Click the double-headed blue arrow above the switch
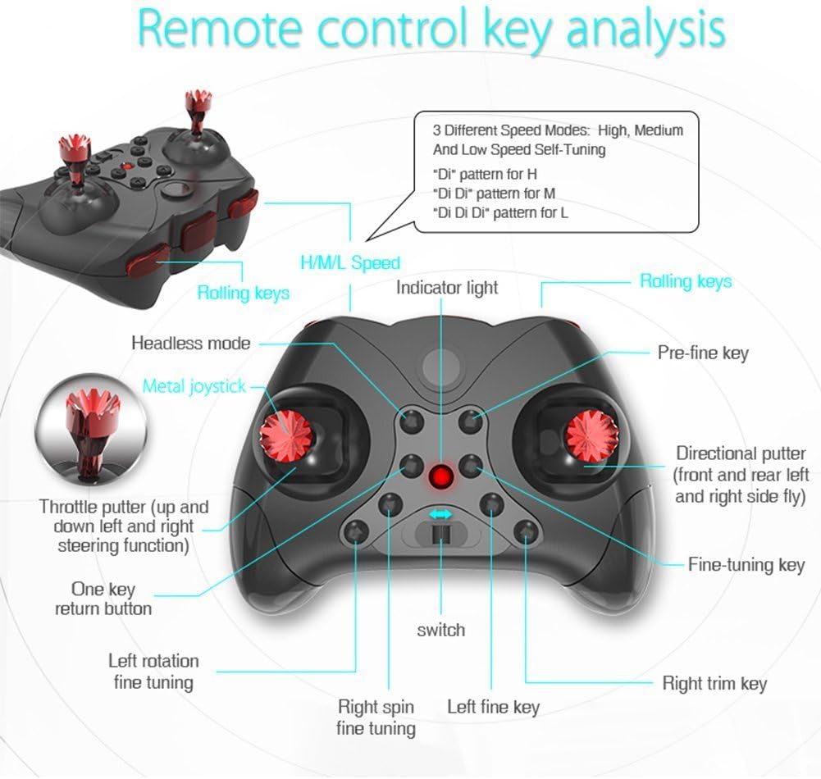(441, 514)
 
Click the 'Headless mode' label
(190, 343)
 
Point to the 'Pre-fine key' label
(703, 353)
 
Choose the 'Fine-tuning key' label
(746, 564)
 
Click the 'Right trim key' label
(714, 683)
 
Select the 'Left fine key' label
(493, 707)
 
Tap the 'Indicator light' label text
(447, 288)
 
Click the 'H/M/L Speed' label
(350, 263)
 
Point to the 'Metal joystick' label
(194, 385)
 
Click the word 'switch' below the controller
(440, 630)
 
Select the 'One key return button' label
(103, 599)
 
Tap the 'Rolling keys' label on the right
(686, 281)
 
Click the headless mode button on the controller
(412, 421)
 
